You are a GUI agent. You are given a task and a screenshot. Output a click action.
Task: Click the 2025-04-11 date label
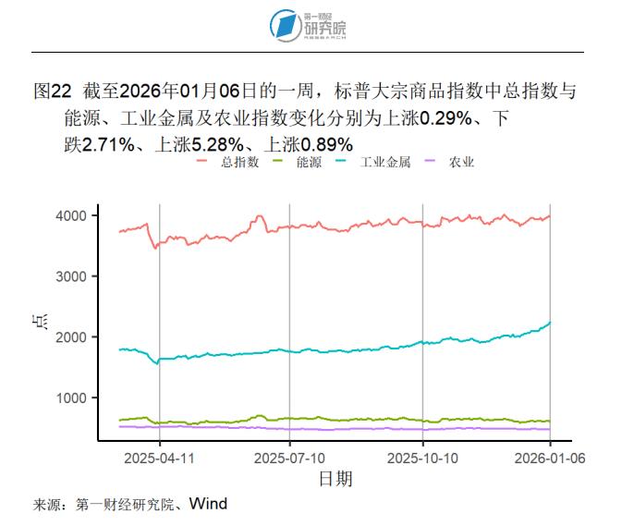coord(159,458)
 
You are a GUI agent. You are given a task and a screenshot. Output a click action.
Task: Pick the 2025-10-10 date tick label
coord(423,458)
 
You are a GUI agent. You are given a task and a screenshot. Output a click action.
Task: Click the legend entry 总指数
coord(236,162)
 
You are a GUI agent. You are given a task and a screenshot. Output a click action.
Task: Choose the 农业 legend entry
coord(461,162)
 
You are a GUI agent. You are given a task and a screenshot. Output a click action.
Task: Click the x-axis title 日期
coord(335,479)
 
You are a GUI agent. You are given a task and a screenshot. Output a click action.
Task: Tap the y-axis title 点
coord(43,324)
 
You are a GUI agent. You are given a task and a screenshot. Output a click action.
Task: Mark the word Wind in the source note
coord(208,504)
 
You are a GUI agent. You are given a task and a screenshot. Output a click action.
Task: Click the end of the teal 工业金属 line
coord(551,322)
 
